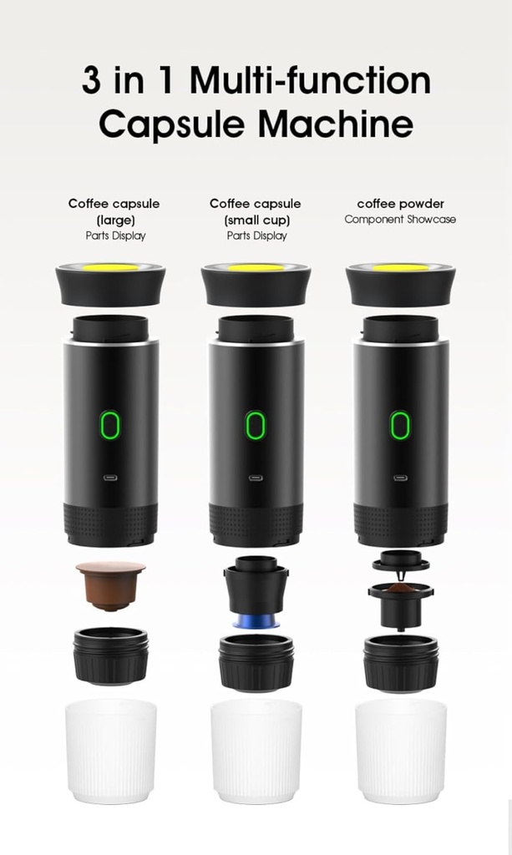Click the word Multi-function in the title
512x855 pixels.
[310, 81]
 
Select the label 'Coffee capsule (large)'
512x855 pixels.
[114, 211]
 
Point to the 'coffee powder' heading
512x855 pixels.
[400, 204]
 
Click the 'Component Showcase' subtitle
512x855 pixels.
[400, 220]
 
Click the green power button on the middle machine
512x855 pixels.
[256, 425]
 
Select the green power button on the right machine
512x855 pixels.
[400, 425]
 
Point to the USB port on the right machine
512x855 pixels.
[400, 478]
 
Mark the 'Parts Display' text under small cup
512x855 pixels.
[256, 235]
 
